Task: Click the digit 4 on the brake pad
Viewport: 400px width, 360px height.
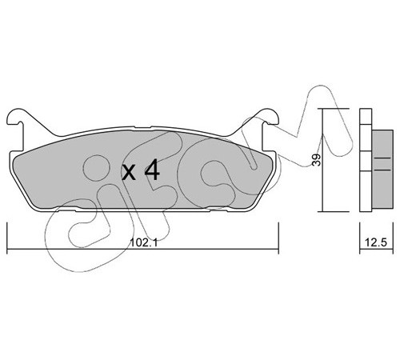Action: point(152,171)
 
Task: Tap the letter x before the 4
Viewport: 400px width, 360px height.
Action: point(129,173)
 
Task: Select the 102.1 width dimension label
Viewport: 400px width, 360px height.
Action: point(143,242)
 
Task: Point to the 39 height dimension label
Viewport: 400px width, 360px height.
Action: point(317,160)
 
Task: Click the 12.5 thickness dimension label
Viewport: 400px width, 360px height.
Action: point(376,242)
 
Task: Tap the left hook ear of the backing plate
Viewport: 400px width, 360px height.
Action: point(17,117)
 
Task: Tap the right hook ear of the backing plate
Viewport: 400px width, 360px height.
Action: point(270,117)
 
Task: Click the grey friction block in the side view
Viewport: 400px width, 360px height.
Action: point(382,169)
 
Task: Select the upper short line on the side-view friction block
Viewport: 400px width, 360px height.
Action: point(382,158)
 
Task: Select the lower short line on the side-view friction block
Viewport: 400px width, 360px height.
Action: point(382,170)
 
